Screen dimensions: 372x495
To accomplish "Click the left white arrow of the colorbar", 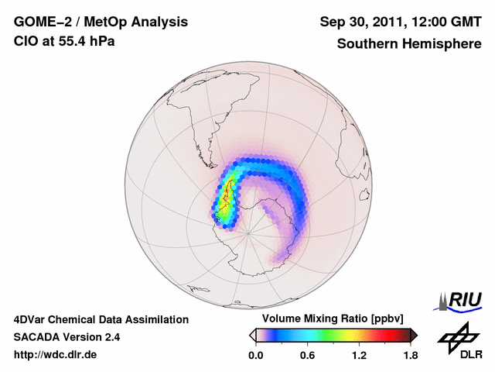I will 253,335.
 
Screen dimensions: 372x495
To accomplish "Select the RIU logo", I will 459,299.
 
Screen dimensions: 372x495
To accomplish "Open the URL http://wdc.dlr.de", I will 56,355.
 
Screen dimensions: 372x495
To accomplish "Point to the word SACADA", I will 36,337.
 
